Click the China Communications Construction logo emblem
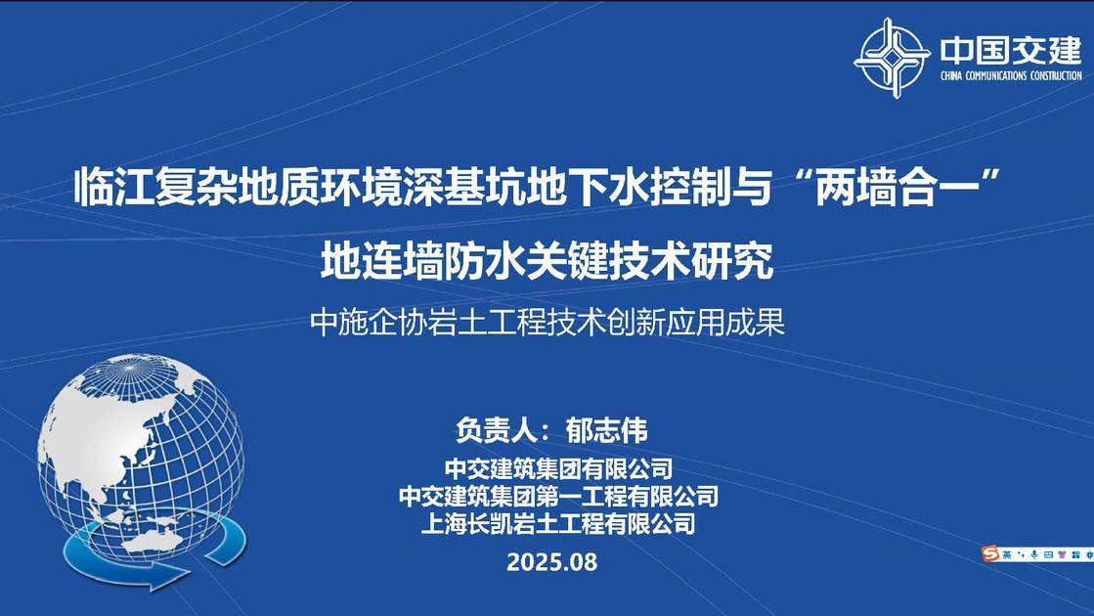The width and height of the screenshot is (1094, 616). coord(891,57)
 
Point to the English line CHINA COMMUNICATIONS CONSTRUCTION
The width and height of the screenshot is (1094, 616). coord(1010,75)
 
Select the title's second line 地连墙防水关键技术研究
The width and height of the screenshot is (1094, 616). coord(547,261)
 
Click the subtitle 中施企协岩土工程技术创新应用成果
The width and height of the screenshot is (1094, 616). coord(547,322)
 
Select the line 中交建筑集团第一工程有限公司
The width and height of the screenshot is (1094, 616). coord(557,496)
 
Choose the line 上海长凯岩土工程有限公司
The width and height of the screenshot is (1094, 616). coord(557,524)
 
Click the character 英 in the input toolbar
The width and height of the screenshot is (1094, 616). coord(1007,553)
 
